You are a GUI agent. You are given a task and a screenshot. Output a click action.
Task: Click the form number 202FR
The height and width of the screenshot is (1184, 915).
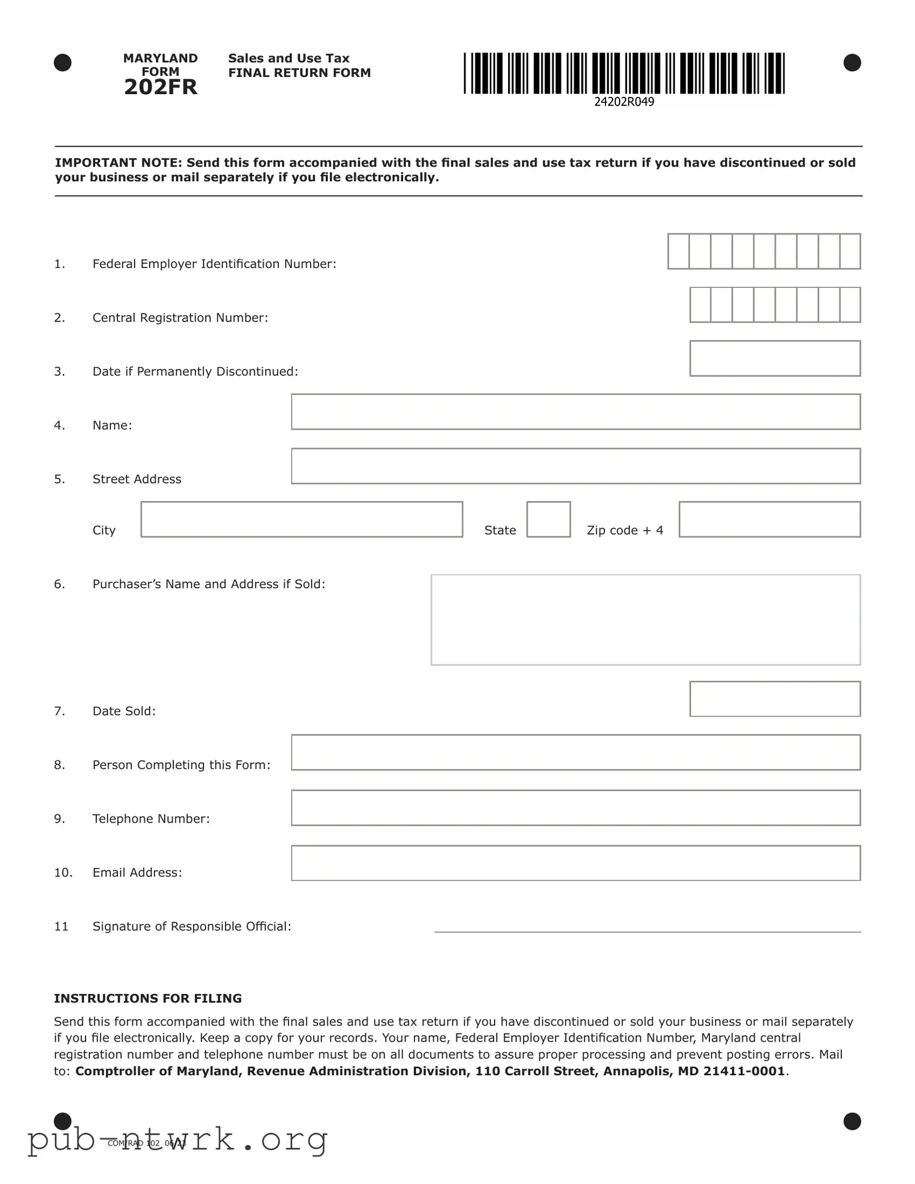[x=161, y=87]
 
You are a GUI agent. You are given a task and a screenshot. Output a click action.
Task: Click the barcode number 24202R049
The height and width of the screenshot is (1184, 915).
[x=624, y=102]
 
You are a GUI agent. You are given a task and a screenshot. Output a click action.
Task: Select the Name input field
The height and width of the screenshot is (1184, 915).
[x=575, y=412]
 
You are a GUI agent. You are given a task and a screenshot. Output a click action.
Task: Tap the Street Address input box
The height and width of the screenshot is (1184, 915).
[x=575, y=466]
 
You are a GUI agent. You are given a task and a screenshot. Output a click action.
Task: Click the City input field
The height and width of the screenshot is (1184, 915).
[x=301, y=519]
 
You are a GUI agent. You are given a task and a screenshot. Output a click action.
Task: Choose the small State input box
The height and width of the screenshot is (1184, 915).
[x=548, y=519]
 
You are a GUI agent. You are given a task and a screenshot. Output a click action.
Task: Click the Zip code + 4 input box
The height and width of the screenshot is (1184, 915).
[x=769, y=519]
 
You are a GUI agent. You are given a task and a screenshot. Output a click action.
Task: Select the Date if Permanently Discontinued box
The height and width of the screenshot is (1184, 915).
[x=775, y=358]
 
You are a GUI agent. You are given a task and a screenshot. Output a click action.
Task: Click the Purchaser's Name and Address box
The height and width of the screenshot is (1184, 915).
[x=645, y=620]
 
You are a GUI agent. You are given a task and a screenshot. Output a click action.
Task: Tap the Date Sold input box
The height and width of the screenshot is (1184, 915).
[x=775, y=699]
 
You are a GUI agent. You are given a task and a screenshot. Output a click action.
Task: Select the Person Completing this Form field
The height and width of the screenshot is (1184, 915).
[x=575, y=753]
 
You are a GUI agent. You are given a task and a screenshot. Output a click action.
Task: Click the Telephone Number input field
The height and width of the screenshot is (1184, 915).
[x=575, y=808]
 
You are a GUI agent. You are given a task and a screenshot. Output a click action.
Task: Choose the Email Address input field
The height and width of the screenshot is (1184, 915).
[x=575, y=863]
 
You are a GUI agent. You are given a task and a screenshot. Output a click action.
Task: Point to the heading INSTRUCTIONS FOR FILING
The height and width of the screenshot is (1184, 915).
[x=148, y=998]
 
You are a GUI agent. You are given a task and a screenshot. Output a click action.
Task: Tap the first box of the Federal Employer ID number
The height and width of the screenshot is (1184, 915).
[x=679, y=251]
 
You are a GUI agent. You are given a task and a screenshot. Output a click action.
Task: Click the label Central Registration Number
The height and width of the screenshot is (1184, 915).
[x=180, y=318]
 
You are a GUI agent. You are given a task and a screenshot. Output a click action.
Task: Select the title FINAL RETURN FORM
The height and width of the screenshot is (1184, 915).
[x=299, y=73]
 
